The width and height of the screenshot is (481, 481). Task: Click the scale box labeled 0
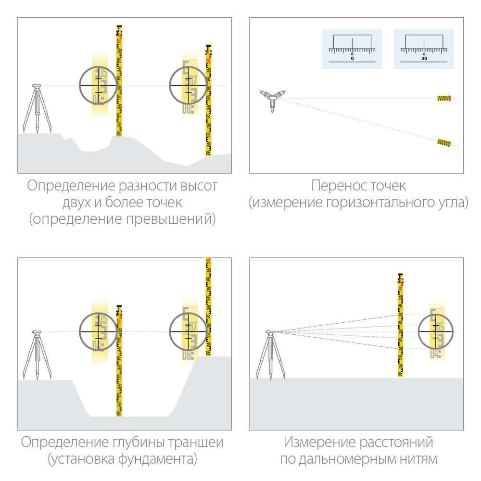352,49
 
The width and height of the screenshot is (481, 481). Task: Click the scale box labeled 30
424,49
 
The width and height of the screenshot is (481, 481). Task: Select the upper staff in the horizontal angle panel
443,98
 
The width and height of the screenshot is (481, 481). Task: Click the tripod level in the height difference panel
37,108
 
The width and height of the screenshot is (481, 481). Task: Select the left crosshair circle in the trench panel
98,331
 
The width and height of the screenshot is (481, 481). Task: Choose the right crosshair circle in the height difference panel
188,85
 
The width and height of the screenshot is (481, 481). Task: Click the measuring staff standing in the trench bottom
119,361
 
